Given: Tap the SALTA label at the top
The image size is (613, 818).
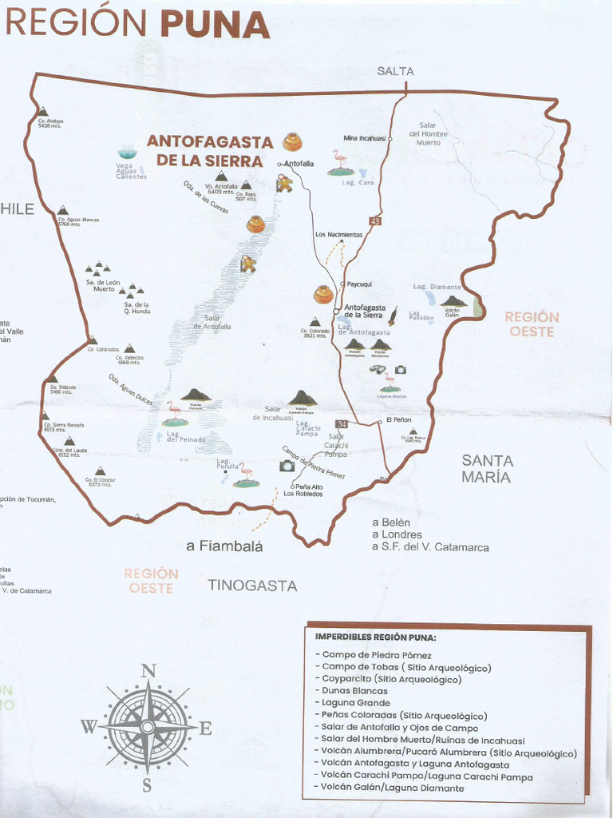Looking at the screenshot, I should tap(395, 71).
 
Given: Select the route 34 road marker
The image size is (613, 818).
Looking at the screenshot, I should tap(342, 423).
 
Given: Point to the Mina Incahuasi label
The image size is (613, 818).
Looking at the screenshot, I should tap(364, 138).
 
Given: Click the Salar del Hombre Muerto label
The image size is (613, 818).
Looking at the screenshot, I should tap(428, 133).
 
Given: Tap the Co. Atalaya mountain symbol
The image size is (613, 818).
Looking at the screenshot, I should tap(42, 112).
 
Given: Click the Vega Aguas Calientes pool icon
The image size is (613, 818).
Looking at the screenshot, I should tap(127, 153).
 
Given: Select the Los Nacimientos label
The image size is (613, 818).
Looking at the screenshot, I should tap(338, 235).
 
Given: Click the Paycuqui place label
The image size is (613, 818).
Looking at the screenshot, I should tap(358, 284).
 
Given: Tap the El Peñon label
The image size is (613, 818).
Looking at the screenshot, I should tap(398, 419).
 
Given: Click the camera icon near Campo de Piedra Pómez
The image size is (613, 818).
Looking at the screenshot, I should tap(287, 466).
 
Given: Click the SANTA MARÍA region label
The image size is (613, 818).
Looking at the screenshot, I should tap(487, 469).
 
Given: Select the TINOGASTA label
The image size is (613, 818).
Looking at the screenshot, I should tap(252, 586).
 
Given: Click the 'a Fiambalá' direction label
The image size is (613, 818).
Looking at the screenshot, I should tap(224, 546).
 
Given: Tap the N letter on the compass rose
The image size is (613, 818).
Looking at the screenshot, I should tap(148, 671).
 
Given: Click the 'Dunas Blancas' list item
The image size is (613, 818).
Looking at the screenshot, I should tap(354, 691).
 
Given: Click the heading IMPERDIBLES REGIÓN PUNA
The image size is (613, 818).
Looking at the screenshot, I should tap(375, 637).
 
